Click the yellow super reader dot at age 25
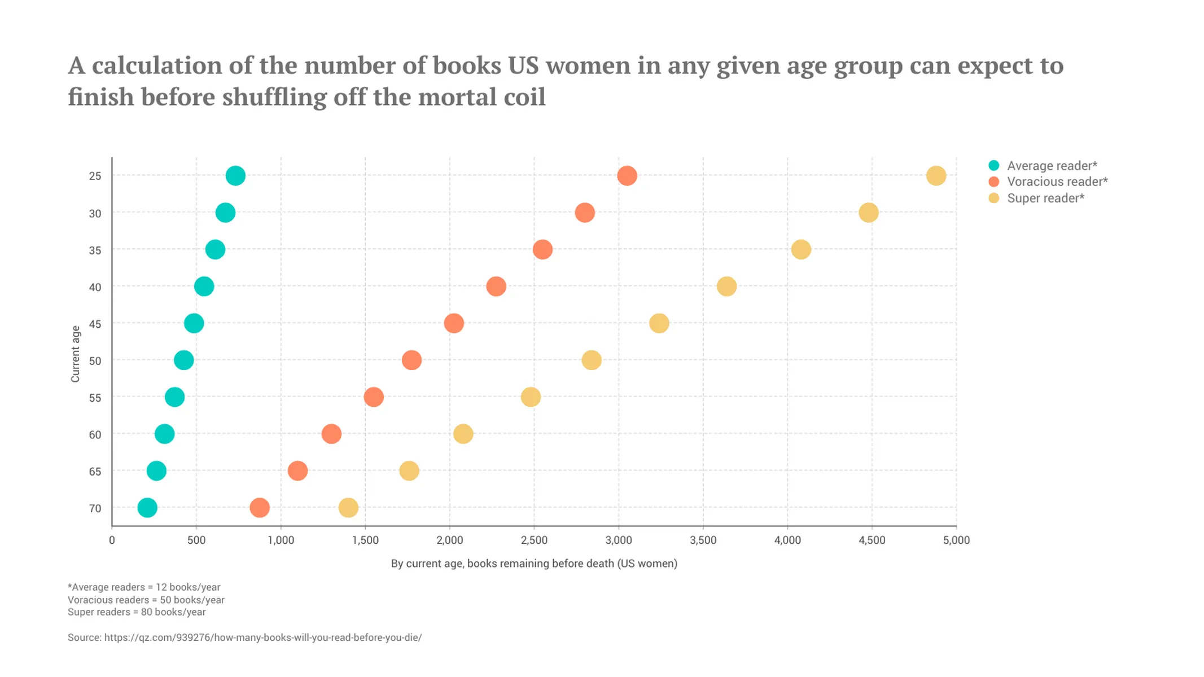pyautogui.click(x=936, y=175)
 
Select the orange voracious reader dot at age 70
pyautogui.click(x=260, y=508)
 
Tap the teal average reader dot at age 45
pyautogui.click(x=194, y=323)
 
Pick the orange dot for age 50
pyautogui.click(x=411, y=360)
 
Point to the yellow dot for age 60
pyautogui.click(x=463, y=434)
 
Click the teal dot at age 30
pyautogui.click(x=225, y=213)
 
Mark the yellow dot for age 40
pyautogui.click(x=726, y=287)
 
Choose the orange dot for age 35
pyautogui.click(x=542, y=249)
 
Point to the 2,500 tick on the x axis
pyautogui.click(x=534, y=540)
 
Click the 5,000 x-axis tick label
pyautogui.click(x=956, y=540)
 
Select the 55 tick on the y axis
pyautogui.click(x=95, y=398)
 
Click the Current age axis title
pyautogui.click(x=75, y=354)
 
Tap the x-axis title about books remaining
pyautogui.click(x=534, y=564)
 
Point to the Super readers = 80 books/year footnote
pyautogui.click(x=137, y=612)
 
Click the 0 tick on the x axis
pyautogui.click(x=112, y=540)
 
